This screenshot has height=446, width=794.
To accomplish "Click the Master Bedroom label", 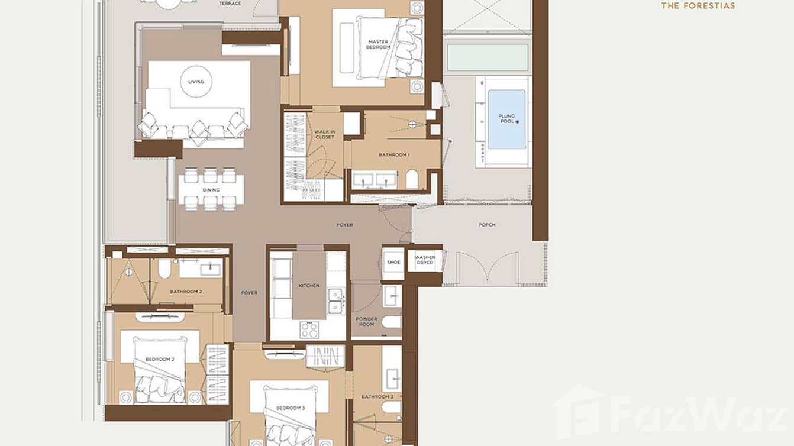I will pyautogui.click(x=377, y=44).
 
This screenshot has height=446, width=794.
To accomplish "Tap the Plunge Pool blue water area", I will pyautogui.click(x=506, y=119).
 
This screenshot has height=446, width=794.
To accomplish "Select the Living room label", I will pyautogui.click(x=196, y=82).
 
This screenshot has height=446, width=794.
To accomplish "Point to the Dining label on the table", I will pyautogui.click(x=211, y=190).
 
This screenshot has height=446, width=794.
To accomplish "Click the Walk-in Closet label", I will pyautogui.click(x=324, y=134).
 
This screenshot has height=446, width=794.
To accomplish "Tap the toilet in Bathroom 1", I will pyautogui.click(x=412, y=179).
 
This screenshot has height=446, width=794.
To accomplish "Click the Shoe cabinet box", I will pyautogui.click(x=393, y=262).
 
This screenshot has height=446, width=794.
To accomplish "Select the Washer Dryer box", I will pyautogui.click(x=425, y=260).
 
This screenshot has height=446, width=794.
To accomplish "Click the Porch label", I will pyautogui.click(x=487, y=225).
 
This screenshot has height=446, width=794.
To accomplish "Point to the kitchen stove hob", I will pyautogui.click(x=309, y=329).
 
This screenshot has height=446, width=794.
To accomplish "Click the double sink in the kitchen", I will pyautogui.click(x=335, y=300).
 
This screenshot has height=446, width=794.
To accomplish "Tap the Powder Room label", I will pyautogui.click(x=366, y=321).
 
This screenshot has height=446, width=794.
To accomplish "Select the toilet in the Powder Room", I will pyautogui.click(x=391, y=322).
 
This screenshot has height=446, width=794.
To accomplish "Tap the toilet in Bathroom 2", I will pyautogui.click(x=164, y=270).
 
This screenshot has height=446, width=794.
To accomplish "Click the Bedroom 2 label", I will pyautogui.click(x=160, y=359).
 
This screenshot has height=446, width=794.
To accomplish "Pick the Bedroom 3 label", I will pyautogui.click(x=290, y=408).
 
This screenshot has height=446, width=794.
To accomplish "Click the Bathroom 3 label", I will pyautogui.click(x=377, y=396).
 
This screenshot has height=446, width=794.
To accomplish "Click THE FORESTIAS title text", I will pyautogui.click(x=698, y=6).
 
